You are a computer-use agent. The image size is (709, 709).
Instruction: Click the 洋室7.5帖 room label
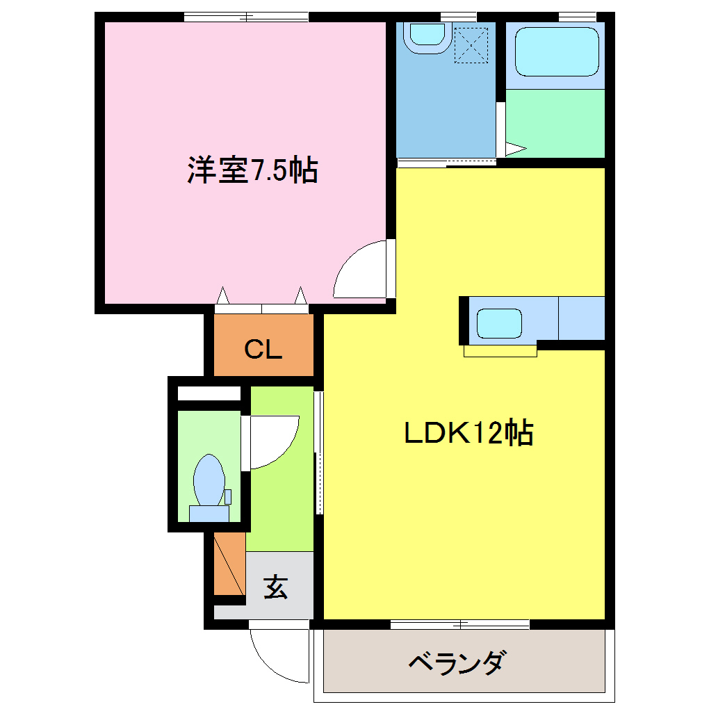(x=252, y=170)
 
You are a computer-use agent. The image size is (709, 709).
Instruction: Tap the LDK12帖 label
(x=469, y=433)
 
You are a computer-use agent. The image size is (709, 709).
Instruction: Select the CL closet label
(x=263, y=350)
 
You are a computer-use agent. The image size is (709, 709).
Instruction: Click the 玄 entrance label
(x=275, y=588)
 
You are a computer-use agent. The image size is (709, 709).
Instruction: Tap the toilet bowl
(x=209, y=480)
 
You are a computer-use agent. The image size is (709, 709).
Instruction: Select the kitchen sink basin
(x=499, y=323)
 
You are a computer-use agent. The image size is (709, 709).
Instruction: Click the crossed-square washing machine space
(x=472, y=44)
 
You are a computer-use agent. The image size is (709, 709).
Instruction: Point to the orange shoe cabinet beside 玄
(x=229, y=563)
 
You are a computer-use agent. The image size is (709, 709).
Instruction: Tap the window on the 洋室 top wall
(x=246, y=17)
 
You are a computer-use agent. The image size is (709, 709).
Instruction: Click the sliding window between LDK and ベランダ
(x=460, y=624)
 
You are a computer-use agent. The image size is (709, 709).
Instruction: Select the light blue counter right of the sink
(x=581, y=318)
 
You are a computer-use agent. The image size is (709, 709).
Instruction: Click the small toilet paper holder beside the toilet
(x=227, y=496)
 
